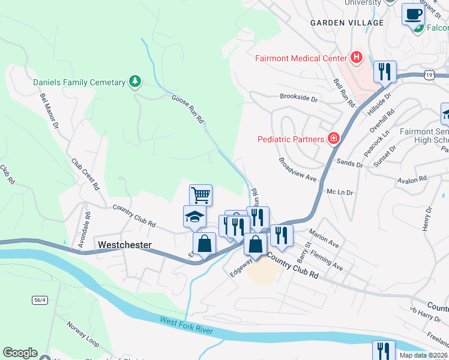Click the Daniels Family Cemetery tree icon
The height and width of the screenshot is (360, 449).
[136, 82]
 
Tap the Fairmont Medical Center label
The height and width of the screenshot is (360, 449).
[301, 58]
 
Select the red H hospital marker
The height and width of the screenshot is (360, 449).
[357, 58]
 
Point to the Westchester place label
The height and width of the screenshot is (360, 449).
[124, 245]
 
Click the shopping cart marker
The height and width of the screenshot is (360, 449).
[201, 194]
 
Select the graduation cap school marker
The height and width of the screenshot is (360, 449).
[194, 216]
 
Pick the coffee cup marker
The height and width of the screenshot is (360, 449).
[412, 14]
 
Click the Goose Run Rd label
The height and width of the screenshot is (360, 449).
[188, 109]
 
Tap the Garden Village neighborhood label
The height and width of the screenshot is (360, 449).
[346, 23]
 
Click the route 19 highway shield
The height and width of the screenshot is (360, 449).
[428, 74]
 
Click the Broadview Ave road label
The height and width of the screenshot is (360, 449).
[297, 170]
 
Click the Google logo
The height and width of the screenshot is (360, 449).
[20, 353]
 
